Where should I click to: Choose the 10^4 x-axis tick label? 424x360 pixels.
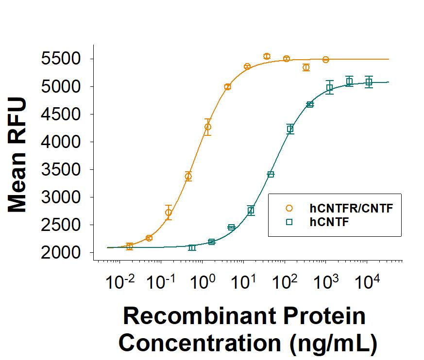(x=366, y=282)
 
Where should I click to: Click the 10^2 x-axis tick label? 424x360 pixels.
(x=283, y=282)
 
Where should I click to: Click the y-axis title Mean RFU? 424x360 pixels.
(x=18, y=156)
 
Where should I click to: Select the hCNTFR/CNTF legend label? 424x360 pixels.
(x=351, y=209)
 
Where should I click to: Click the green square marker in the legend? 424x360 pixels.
(x=289, y=222)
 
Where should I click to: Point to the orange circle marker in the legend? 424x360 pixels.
(x=289, y=209)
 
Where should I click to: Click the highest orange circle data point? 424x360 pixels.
(x=267, y=56)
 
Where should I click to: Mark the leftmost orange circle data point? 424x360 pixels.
(x=129, y=246)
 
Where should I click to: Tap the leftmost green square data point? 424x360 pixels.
(x=192, y=247)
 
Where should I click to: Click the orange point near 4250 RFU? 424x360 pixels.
(x=208, y=127)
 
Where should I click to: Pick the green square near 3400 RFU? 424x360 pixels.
(x=271, y=174)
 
